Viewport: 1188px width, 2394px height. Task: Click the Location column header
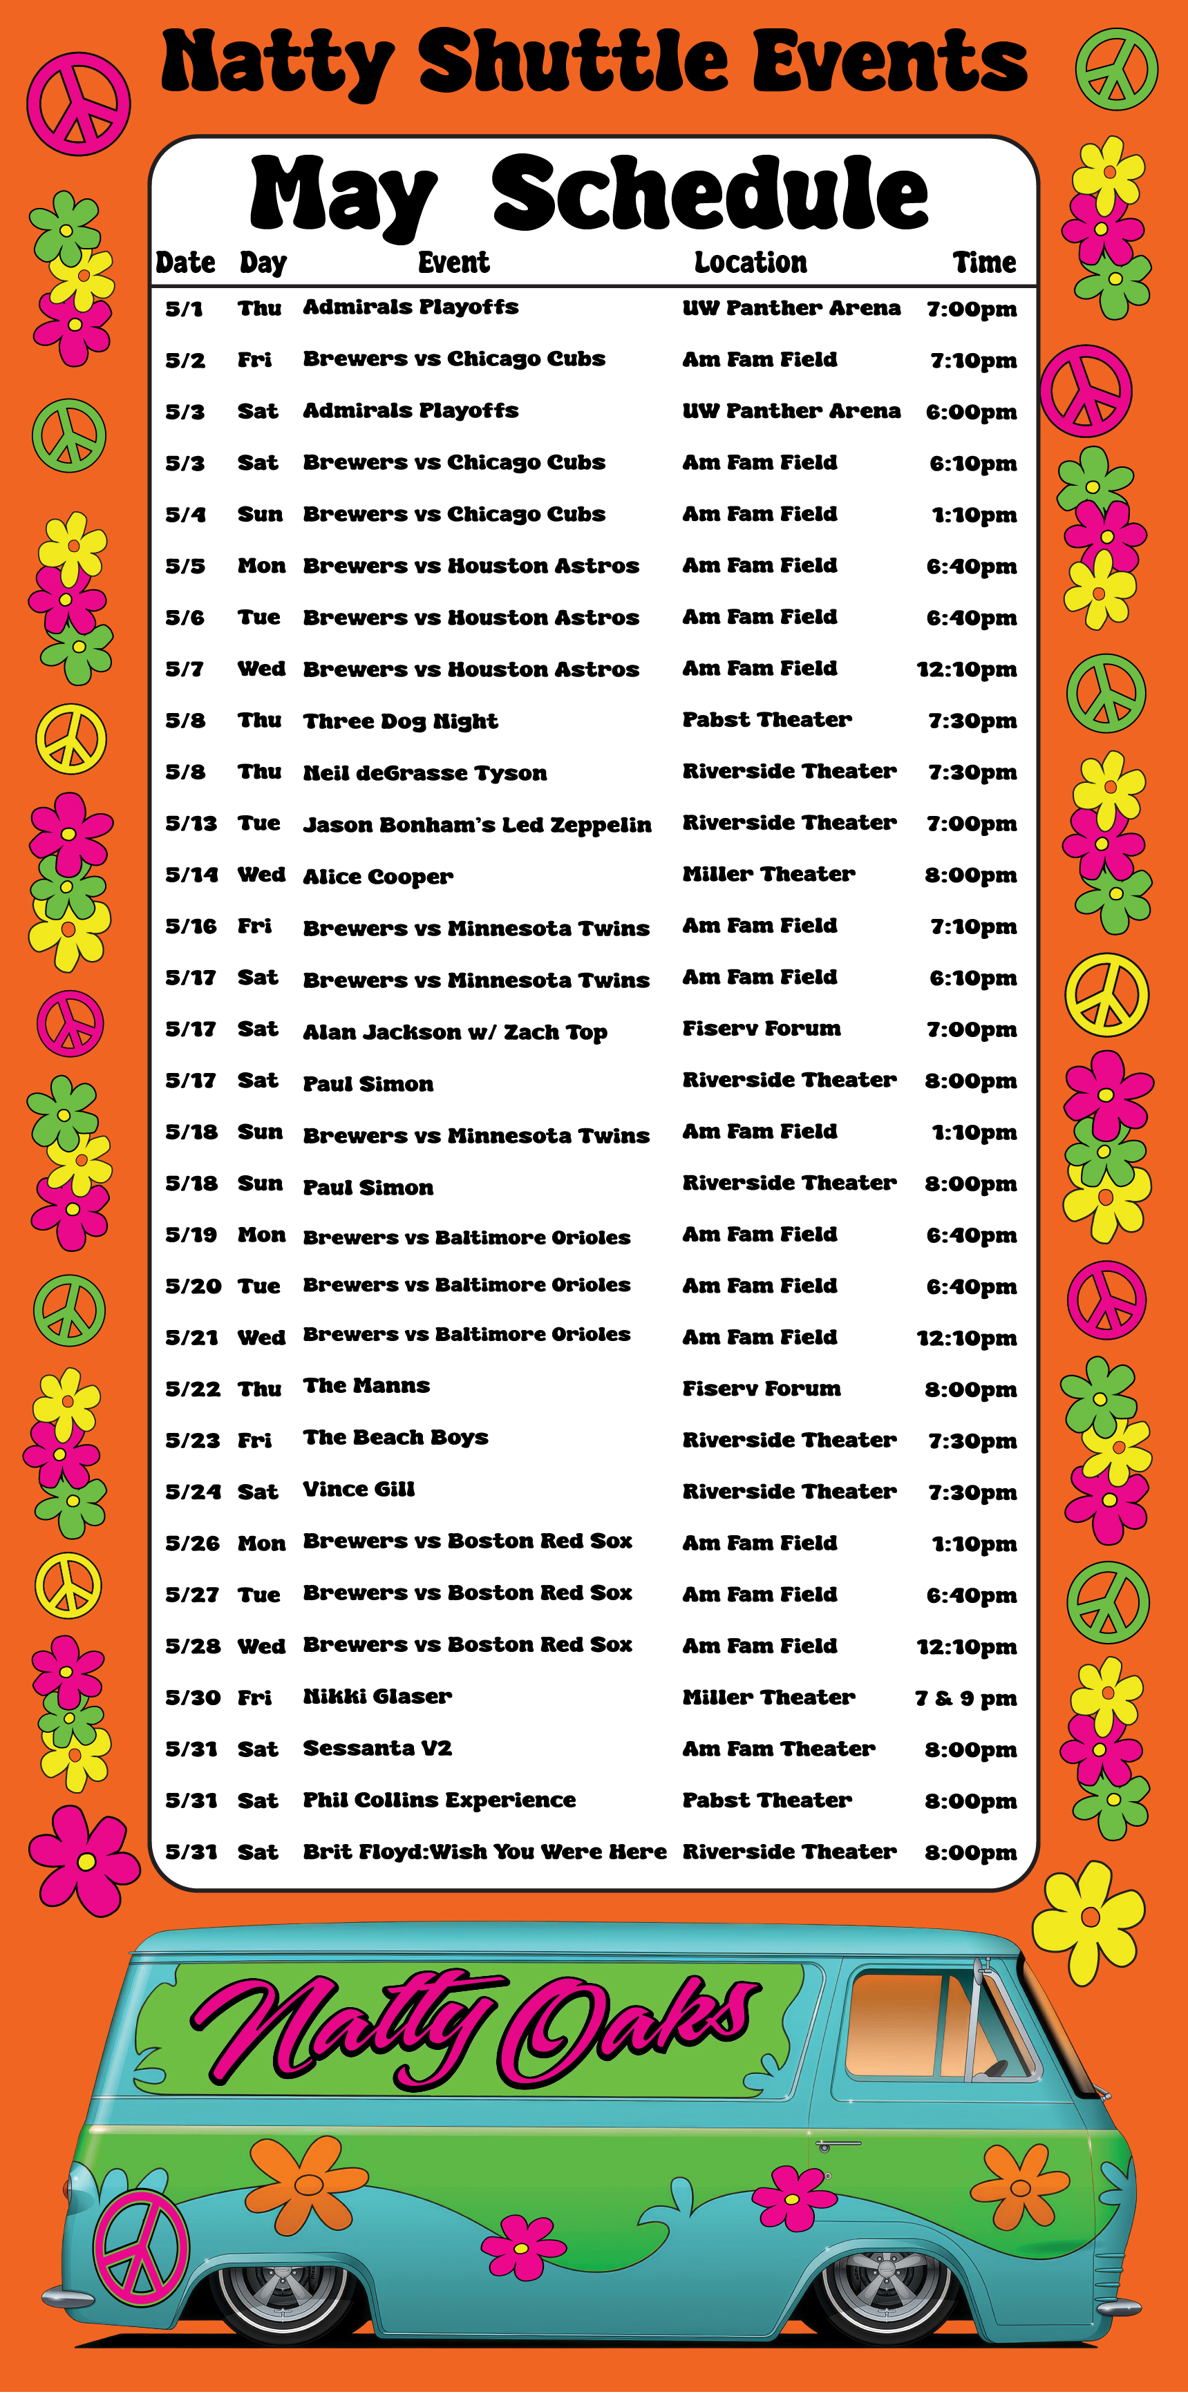click(750, 263)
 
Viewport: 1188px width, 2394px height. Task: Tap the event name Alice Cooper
click(377, 876)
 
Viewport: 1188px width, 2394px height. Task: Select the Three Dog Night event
click(399, 721)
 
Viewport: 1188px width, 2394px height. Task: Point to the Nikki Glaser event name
click(377, 1696)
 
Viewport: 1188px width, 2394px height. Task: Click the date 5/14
click(191, 875)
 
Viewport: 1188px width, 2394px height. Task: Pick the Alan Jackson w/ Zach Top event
click(455, 1032)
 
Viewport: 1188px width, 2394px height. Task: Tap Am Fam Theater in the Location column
click(778, 1748)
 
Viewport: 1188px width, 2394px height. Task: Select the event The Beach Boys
click(395, 1438)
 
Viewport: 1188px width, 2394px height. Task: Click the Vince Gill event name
click(358, 1489)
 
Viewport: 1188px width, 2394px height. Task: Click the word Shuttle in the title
click(573, 62)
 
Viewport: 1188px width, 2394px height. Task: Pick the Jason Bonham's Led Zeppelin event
click(476, 824)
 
